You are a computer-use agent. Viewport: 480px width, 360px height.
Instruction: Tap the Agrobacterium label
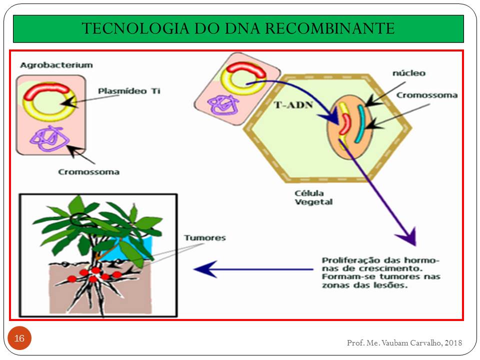coord(56,65)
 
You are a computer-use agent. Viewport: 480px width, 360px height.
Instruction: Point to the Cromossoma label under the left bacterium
coord(88,172)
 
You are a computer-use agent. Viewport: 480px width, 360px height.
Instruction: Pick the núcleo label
coord(408,73)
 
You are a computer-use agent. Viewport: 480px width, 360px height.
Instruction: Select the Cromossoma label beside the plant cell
coord(427,95)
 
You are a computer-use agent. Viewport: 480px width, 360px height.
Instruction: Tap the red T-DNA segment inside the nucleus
coord(344,124)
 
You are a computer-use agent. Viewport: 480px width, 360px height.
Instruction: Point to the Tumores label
coord(204,238)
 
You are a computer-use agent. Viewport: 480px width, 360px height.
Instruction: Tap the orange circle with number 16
coord(19,339)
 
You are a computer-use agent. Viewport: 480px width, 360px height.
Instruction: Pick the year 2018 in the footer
coord(453,342)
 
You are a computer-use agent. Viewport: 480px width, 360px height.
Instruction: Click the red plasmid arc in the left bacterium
coord(45,89)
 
